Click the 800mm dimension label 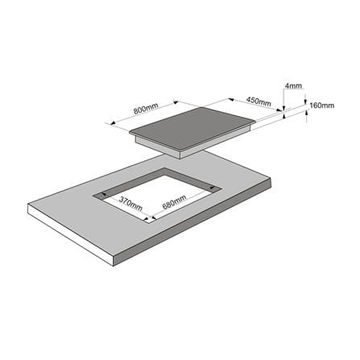146,108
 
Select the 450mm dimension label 259,101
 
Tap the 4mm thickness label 293,86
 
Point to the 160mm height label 322,106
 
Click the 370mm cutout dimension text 130,204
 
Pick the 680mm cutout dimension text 174,202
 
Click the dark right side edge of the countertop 193,225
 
